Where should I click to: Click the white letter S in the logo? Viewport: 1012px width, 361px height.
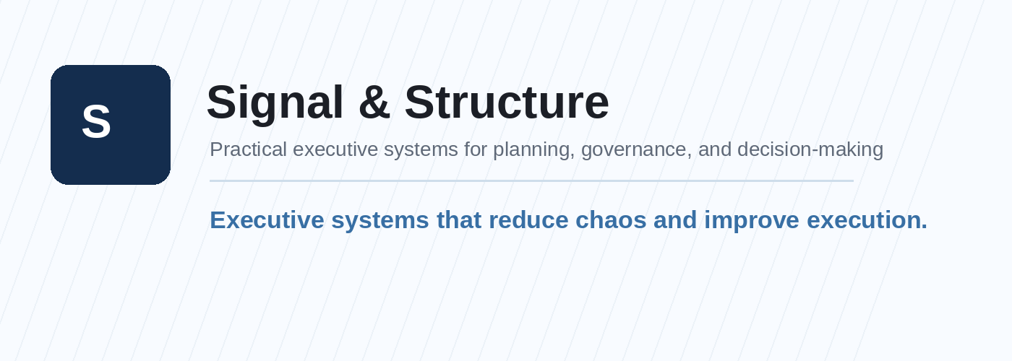click(96, 122)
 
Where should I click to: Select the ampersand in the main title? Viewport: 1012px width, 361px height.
click(374, 103)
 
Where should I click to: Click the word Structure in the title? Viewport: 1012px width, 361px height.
click(506, 103)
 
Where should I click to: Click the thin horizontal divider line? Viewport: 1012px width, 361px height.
click(531, 180)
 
